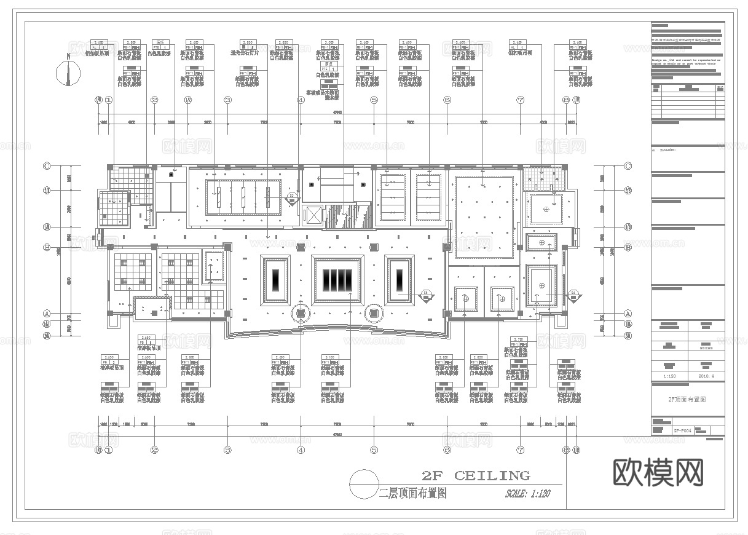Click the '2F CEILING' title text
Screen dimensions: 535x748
click(476, 475)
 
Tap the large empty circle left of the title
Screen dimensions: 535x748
click(363, 483)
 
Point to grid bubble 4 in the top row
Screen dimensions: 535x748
click(301, 100)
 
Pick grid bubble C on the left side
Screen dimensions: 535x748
click(46, 165)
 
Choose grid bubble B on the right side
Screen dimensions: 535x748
click(628, 248)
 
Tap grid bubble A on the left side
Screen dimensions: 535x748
click(46, 313)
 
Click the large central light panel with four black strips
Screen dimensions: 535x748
click(336, 280)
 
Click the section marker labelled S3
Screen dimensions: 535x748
click(292, 198)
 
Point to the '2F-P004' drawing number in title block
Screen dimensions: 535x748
click(682, 431)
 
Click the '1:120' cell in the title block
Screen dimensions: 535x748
click(669, 376)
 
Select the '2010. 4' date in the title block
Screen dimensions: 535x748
click(705, 376)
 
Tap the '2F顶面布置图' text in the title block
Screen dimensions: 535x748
click(687, 399)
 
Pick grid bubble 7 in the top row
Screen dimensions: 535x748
click(520, 100)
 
